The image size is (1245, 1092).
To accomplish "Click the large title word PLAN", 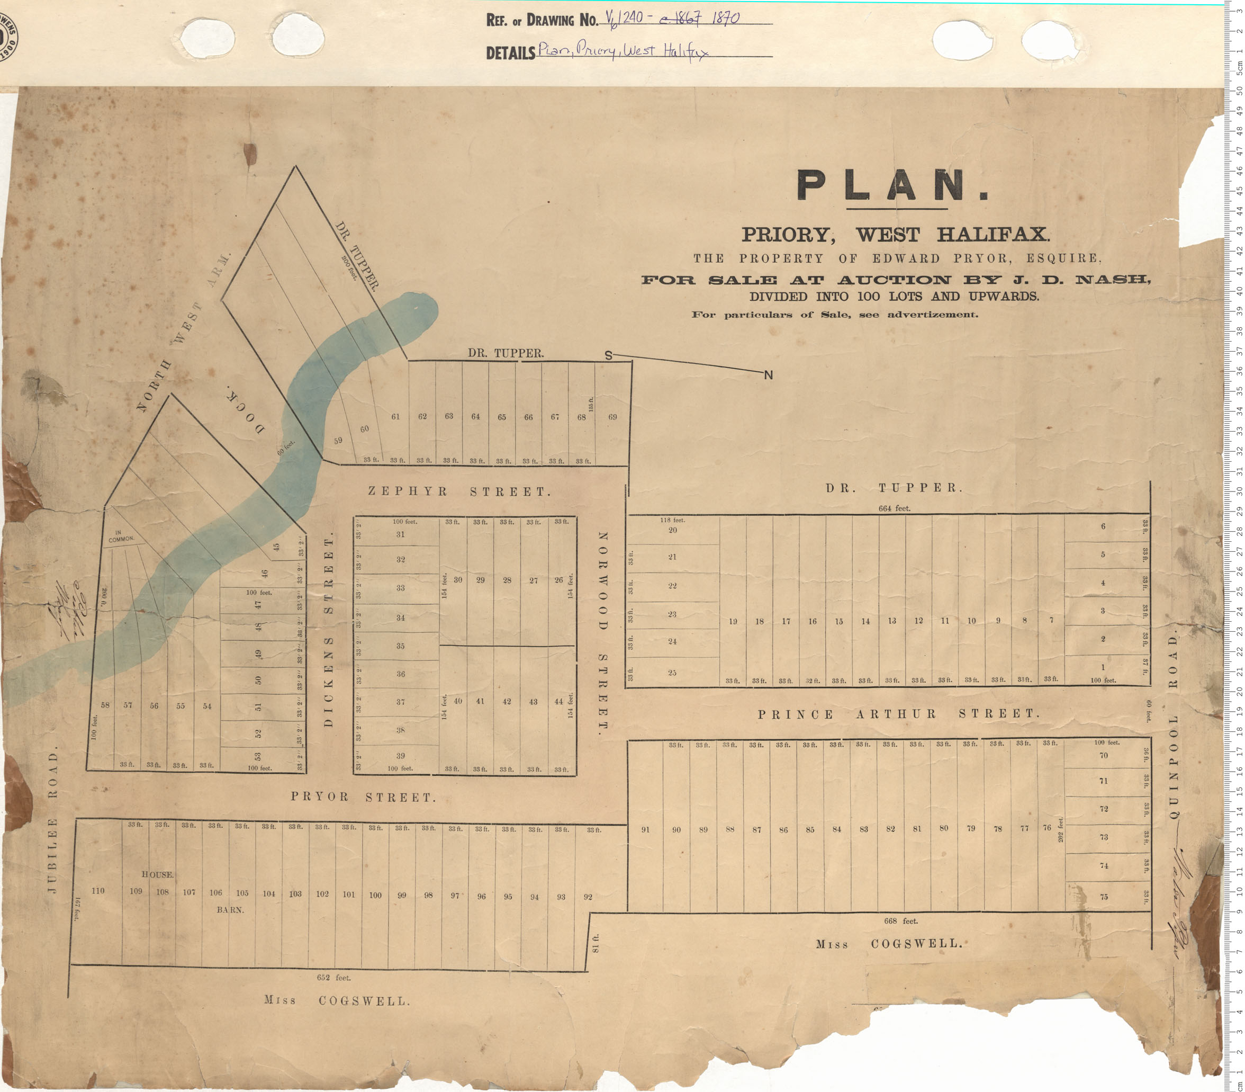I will click(x=892, y=185).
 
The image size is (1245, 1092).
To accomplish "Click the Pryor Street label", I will click(x=363, y=797).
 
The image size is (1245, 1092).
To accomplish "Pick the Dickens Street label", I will click(x=329, y=632).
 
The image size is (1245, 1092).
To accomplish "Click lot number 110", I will click(x=97, y=891).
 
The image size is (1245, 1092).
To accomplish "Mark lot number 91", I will click(x=646, y=829).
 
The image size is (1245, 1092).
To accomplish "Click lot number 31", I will click(x=400, y=534).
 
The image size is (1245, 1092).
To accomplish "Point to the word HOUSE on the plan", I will click(x=158, y=874).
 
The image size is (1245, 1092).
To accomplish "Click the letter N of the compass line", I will click(x=768, y=375).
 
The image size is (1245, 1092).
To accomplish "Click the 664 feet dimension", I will click(x=894, y=508).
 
